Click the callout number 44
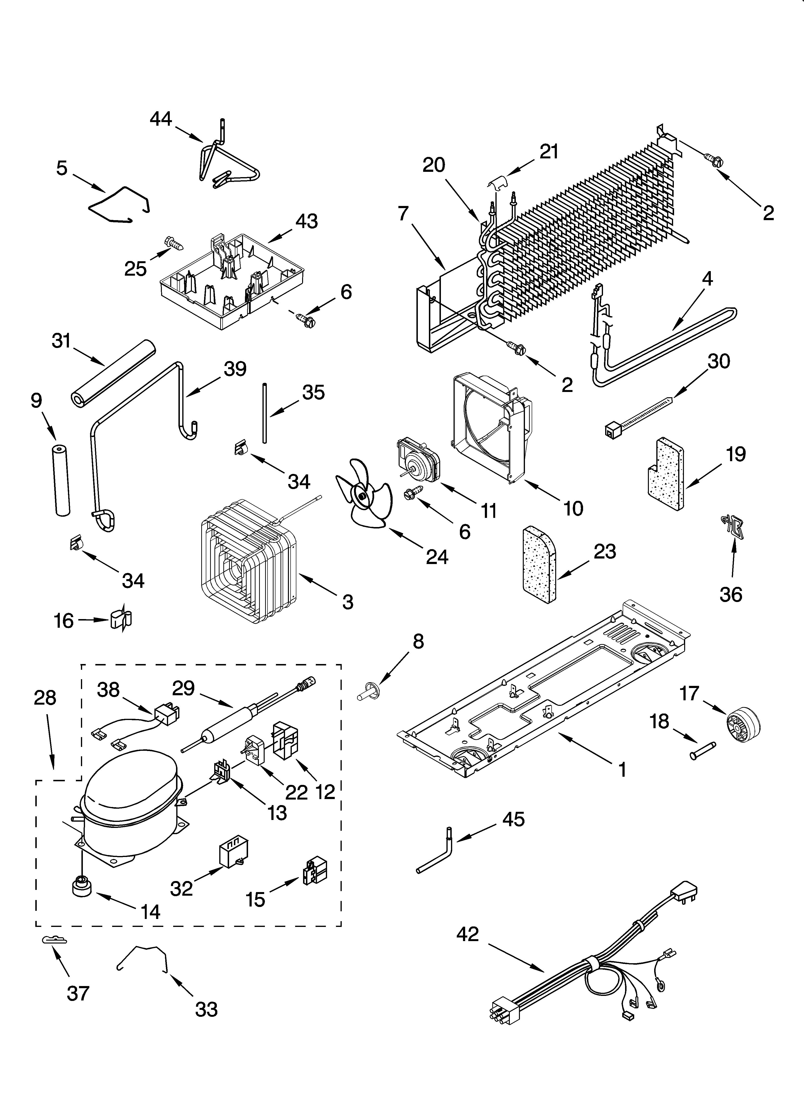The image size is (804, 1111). coord(161,119)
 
